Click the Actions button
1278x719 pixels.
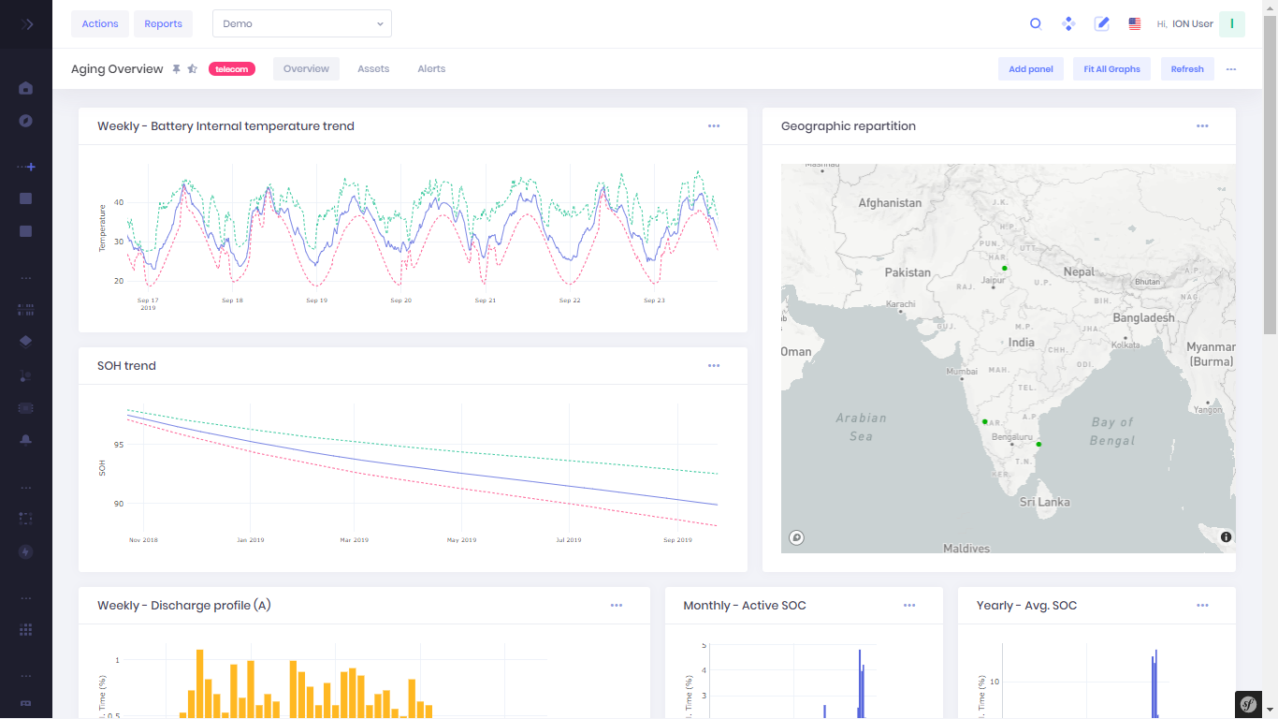click(100, 23)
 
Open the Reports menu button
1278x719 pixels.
click(163, 23)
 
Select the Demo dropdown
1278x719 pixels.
click(301, 23)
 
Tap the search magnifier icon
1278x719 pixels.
click(1036, 23)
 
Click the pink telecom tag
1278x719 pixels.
click(232, 69)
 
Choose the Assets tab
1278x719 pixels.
click(373, 69)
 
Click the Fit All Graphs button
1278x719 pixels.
click(1111, 69)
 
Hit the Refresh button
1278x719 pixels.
click(1187, 69)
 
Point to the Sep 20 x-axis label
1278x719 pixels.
click(401, 301)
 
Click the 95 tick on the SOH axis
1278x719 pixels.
click(118, 445)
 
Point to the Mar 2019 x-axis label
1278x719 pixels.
click(355, 540)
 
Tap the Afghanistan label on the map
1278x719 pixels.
click(890, 203)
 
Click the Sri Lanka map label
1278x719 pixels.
click(1044, 503)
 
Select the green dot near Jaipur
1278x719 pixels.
click(1005, 269)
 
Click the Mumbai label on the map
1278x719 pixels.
click(962, 372)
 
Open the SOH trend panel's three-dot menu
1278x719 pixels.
click(714, 366)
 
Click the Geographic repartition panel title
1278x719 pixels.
click(849, 126)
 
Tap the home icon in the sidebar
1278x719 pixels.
click(26, 88)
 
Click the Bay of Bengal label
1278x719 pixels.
click(1112, 432)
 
